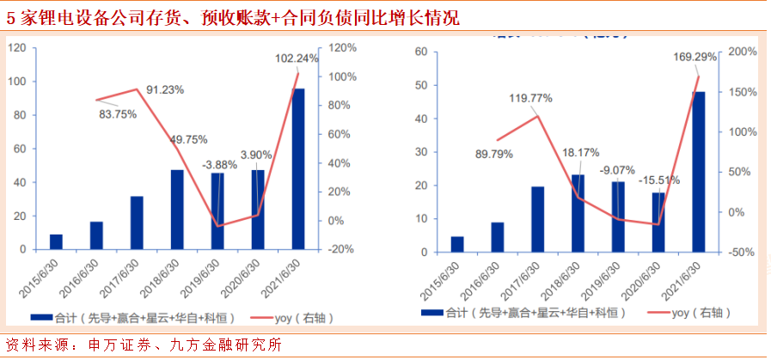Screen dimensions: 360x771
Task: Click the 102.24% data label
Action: tap(297, 58)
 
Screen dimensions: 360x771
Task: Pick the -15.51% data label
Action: tap(658, 180)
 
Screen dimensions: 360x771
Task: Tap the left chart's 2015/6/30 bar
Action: tap(57, 241)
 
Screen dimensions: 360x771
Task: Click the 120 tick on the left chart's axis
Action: tap(16, 48)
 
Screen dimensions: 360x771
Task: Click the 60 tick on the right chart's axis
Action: tap(420, 52)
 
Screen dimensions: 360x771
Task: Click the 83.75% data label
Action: tap(118, 114)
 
